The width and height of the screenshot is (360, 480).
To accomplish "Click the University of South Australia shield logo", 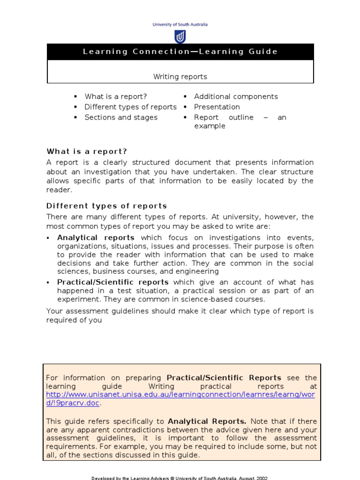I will pos(180,37).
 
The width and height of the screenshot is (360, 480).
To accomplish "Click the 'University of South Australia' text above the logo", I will pos(180,25).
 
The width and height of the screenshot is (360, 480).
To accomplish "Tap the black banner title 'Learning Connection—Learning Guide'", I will pos(180,52).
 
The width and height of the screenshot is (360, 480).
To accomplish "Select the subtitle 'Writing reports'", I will pos(180,76).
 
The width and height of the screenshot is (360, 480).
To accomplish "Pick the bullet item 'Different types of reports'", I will pos(130,107).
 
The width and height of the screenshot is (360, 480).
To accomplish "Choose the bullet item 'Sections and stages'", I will pos(121,117).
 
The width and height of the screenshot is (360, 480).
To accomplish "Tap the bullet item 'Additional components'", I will pos(236,97).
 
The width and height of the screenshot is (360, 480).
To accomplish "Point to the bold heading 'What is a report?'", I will pos(87,151).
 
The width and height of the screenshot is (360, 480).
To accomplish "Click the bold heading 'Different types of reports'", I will pos(106,206).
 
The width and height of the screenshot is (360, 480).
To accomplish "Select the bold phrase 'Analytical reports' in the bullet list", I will pos(96,238).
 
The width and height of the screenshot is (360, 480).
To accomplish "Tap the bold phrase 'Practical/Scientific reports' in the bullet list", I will pos(113,282).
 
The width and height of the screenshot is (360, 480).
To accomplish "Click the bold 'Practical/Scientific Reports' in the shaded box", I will pos(224,378).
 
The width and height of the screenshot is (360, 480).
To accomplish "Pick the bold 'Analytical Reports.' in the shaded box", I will pos(207,421).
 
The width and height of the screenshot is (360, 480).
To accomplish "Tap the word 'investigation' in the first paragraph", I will pos(89,171).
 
